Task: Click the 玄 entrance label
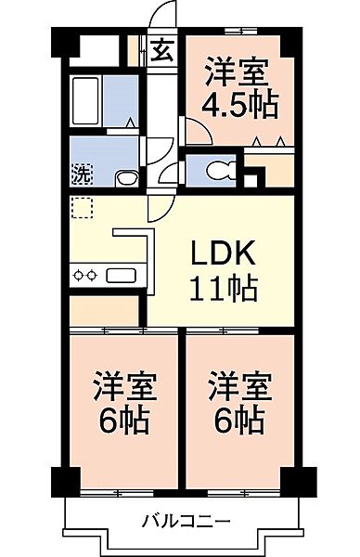(162, 50)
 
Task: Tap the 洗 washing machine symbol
(83, 174)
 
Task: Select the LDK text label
(223, 253)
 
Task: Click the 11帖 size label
(223, 288)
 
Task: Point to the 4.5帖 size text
(239, 106)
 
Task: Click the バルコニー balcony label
(186, 522)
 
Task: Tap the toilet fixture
(222, 170)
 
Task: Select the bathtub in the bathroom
(85, 101)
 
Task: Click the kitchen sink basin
(121, 276)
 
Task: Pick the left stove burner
(78, 275)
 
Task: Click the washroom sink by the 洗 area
(127, 178)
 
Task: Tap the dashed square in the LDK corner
(83, 207)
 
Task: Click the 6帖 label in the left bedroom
(124, 420)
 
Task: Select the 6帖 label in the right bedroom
(239, 420)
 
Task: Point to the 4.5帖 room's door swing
(199, 132)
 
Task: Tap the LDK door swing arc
(161, 209)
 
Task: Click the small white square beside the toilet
(251, 181)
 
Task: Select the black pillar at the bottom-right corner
(299, 482)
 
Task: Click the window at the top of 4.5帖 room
(240, 32)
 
